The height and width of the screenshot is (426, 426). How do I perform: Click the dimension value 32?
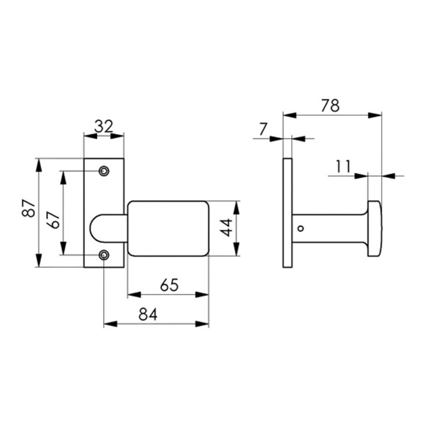click(104, 126)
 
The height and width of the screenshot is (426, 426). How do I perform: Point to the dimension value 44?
click(226, 228)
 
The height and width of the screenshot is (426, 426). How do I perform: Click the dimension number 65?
click(169, 285)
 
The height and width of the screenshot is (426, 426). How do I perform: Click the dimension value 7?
click(263, 128)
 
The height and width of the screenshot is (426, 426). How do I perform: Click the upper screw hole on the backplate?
click(104, 171)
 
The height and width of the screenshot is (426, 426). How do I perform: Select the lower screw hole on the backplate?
click(104, 255)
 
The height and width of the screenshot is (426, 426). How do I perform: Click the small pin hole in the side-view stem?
click(301, 228)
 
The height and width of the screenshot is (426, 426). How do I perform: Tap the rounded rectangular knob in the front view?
click(168, 228)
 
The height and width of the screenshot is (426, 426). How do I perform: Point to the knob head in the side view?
click(375, 228)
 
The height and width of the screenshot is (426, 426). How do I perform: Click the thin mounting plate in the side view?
click(288, 212)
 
